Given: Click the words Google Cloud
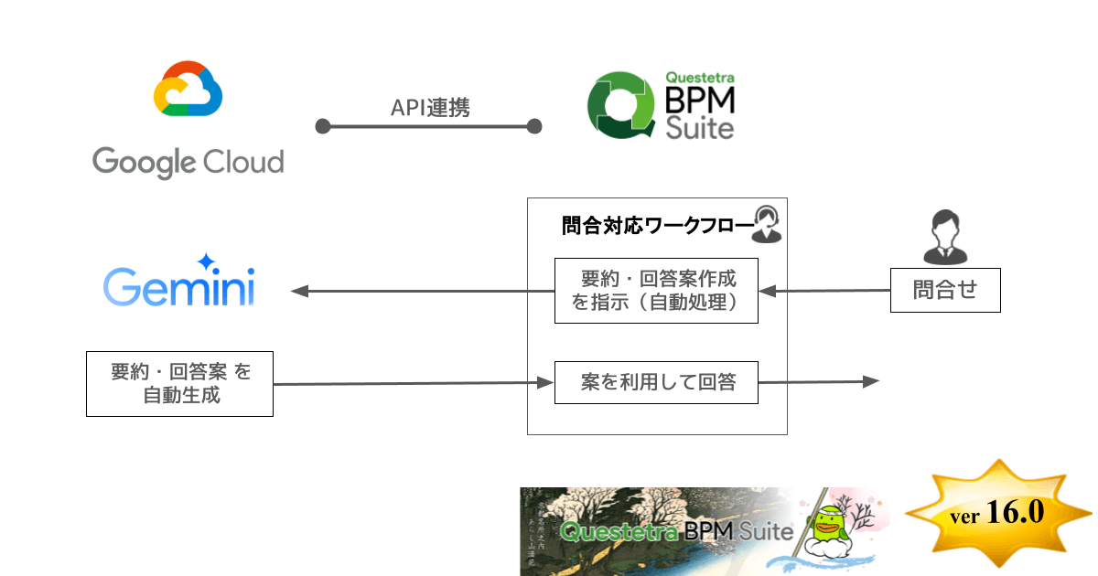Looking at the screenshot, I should [188, 162].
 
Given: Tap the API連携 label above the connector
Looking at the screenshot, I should [430, 108].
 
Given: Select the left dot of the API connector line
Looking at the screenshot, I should [322, 126].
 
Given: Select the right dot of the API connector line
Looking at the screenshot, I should [535, 126].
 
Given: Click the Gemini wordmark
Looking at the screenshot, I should [179, 287].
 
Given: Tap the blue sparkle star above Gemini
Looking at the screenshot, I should [206, 261].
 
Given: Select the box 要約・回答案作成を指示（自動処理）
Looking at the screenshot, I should [656, 291].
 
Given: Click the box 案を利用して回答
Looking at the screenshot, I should [656, 382].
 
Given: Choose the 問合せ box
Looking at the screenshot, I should [945, 291].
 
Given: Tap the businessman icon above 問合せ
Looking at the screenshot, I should [945, 236].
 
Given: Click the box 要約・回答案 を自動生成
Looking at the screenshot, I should [179, 384].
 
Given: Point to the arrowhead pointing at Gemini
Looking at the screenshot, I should [300, 292].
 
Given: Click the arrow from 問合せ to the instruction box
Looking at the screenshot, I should [823, 292].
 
